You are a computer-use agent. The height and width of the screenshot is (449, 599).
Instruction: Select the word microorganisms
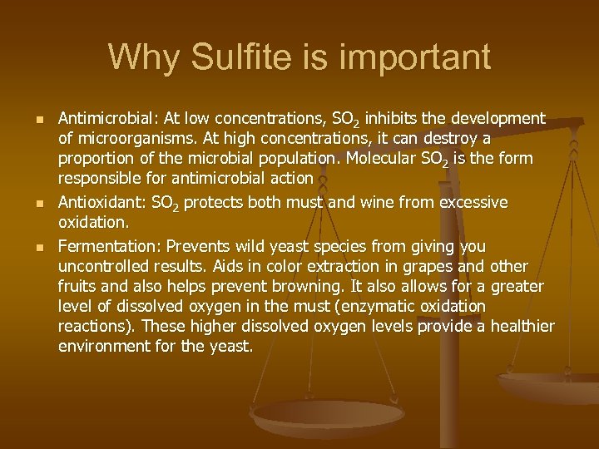click(132, 139)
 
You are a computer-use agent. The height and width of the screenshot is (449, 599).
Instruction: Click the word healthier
click(522, 327)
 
